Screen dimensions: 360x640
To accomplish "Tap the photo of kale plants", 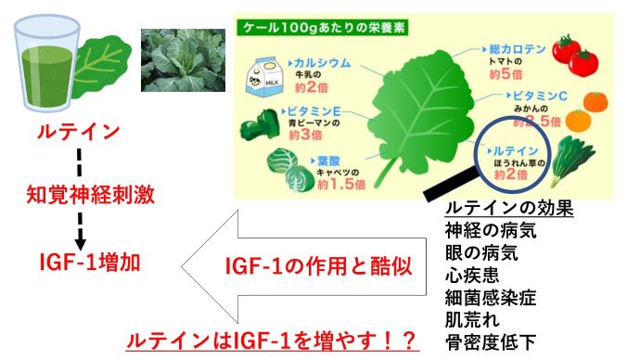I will tap(183, 60).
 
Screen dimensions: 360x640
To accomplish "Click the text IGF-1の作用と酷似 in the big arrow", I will tap(306, 266).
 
